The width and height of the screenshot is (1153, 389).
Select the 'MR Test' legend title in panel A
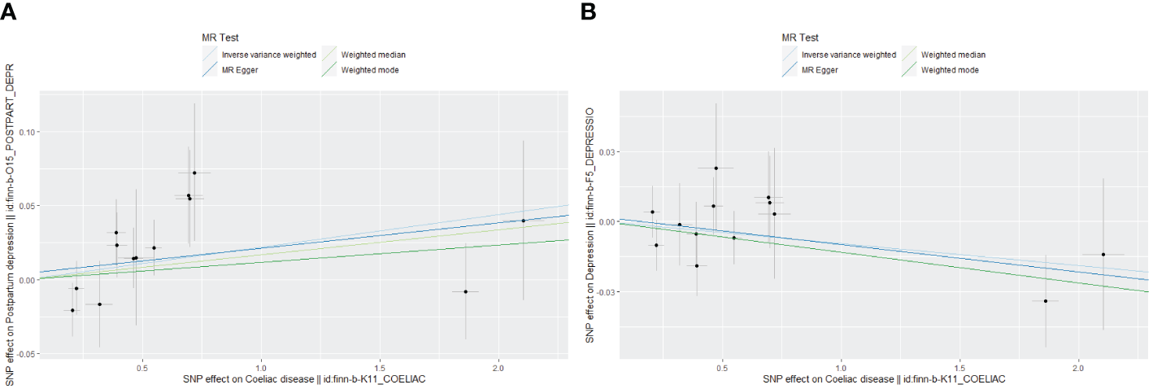[x=220, y=37]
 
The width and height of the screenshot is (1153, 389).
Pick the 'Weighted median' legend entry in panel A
[x=373, y=55]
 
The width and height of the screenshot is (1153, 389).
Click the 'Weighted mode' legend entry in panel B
[x=950, y=70]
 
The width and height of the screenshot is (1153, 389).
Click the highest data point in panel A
[x=194, y=173]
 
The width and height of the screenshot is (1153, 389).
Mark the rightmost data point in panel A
[x=523, y=221]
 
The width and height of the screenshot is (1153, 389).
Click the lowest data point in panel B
[x=1046, y=301]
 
